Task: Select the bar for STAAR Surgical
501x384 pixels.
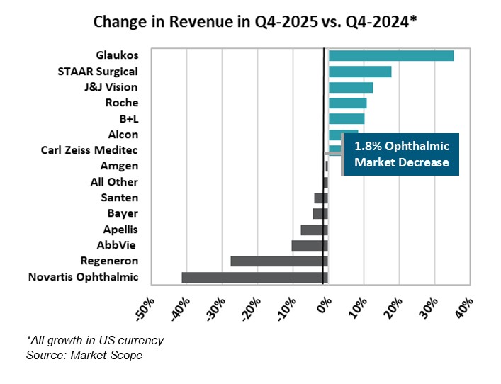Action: coord(359,72)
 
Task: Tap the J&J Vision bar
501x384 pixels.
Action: coord(350,87)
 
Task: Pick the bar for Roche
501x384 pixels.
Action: coord(347,103)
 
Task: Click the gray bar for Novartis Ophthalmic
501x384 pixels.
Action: coord(254,277)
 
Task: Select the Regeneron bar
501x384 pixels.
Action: coord(279,261)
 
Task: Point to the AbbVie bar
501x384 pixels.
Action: coord(310,245)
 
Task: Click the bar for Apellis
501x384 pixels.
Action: coord(314,230)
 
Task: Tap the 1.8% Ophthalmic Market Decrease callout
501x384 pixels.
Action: coord(401,154)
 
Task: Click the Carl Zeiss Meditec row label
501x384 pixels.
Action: coord(89,150)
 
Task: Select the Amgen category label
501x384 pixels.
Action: coord(119,166)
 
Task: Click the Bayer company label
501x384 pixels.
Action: coord(123,213)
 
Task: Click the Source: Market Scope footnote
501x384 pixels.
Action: coord(84,355)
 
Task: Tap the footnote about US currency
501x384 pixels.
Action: coord(95,340)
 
